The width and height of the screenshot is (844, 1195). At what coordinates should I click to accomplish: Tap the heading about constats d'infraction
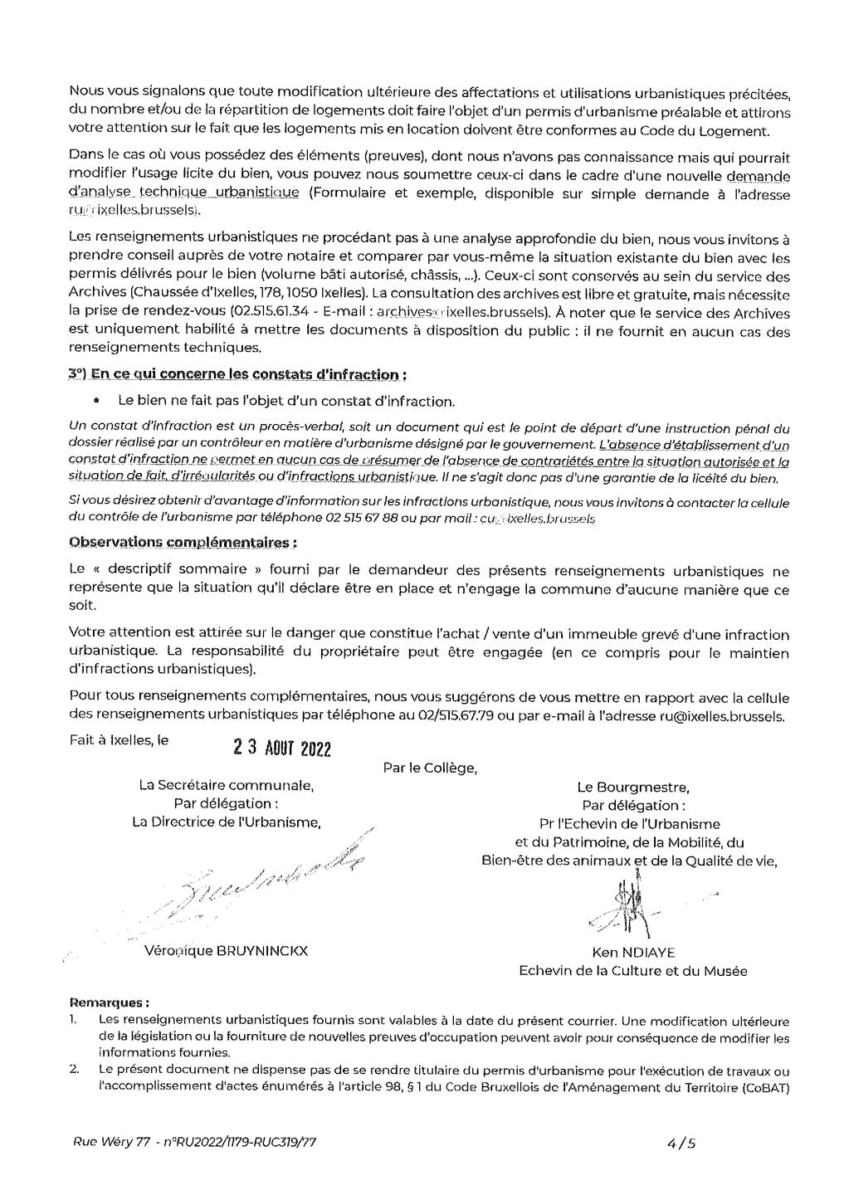(238, 374)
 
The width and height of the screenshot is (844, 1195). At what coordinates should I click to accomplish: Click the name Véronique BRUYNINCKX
(226, 951)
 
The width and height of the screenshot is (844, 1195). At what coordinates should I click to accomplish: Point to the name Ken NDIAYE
(632, 953)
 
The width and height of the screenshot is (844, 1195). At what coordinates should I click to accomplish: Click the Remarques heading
(109, 1002)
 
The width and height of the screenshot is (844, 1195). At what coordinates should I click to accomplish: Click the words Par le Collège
(430, 768)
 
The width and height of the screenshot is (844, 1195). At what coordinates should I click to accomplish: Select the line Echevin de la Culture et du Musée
(632, 971)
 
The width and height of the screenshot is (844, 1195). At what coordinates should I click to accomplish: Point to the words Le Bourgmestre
(632, 787)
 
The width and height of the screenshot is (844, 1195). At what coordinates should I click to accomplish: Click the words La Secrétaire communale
(226, 785)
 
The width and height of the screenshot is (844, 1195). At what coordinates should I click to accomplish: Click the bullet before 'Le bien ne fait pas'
(97, 401)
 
